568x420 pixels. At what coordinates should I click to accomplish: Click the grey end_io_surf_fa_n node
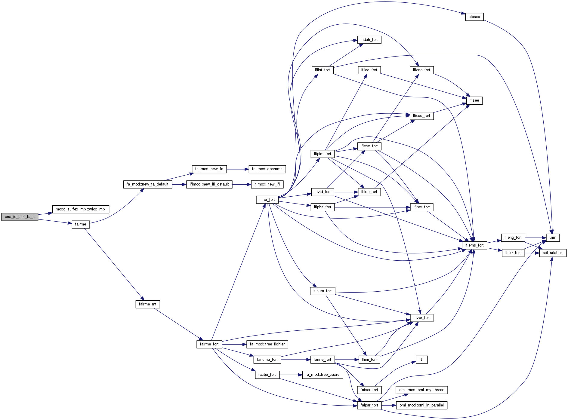point(20,216)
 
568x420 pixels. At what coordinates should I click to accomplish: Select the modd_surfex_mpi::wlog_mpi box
point(81,209)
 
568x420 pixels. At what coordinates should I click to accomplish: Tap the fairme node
point(81,224)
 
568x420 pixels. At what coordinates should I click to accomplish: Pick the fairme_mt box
point(147,304)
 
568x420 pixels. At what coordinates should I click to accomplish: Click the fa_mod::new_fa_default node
point(147,184)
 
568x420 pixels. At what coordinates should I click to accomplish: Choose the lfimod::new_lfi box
point(267,184)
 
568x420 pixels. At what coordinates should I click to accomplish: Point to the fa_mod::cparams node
point(267,169)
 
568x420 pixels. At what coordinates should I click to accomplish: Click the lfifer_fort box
point(267,200)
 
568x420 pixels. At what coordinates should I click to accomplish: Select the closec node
point(474,17)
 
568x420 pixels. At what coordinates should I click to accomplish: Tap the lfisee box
point(474,100)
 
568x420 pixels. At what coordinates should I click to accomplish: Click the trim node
point(553,238)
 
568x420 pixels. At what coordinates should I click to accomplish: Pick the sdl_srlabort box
point(553,253)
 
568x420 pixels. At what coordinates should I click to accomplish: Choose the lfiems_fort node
point(474,245)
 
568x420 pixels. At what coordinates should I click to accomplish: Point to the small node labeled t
point(421,360)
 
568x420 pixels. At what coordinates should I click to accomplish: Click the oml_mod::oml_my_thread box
point(421,390)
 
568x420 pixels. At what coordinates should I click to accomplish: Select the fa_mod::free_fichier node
point(267,344)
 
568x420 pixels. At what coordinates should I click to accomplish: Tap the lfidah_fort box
point(369,40)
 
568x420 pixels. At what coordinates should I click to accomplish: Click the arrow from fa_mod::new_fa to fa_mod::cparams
point(238,169)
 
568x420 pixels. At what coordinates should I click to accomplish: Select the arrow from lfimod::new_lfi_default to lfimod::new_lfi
point(242,184)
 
